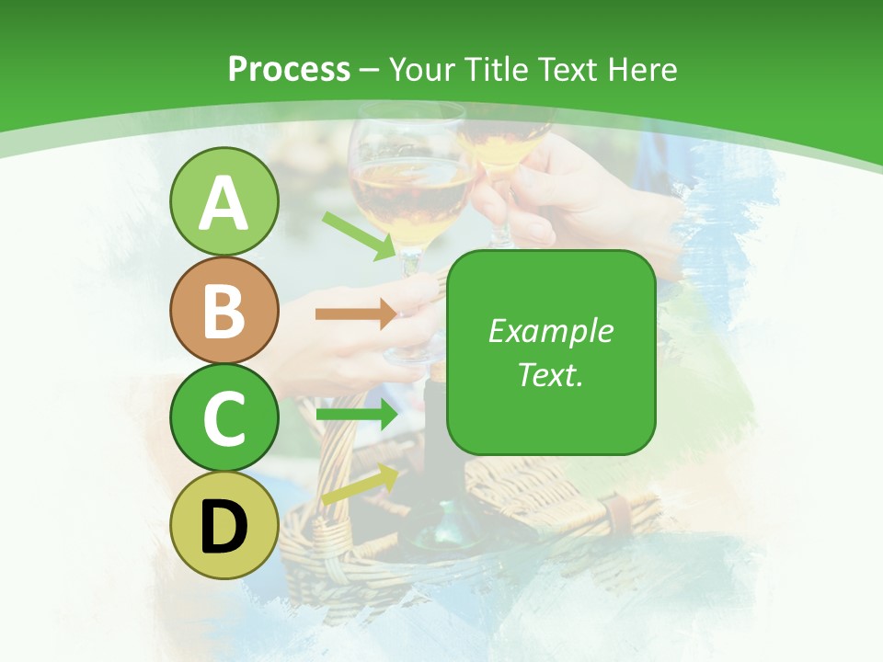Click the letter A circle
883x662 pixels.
point(224,202)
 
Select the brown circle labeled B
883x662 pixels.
point(224,311)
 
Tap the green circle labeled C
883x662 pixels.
point(224,418)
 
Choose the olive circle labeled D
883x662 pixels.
point(224,526)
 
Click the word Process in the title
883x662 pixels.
point(289,70)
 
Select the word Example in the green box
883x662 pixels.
point(550,331)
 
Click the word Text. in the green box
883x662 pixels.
point(550,374)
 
